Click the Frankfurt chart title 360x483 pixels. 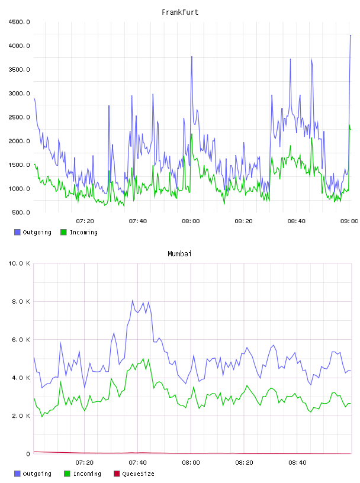[x=180, y=12]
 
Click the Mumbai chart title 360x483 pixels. [x=179, y=254]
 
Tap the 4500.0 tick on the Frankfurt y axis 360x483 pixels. [x=19, y=22]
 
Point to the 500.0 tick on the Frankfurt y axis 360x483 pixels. [x=21, y=212]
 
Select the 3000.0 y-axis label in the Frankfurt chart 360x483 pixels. [x=19, y=94]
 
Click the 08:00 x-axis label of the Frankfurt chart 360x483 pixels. [x=191, y=221]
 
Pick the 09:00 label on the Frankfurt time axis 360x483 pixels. [x=349, y=221]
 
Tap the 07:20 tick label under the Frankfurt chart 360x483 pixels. [x=85, y=221]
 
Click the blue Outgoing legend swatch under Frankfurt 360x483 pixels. [x=17, y=232]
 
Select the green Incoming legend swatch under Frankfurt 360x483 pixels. [x=63, y=232]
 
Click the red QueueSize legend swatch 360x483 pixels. [x=117, y=474]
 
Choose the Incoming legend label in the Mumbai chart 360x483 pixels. [x=87, y=474]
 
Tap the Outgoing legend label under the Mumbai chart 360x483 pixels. [x=37, y=474]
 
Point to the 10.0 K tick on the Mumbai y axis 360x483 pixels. [x=19, y=263]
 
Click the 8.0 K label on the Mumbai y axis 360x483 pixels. [x=21, y=301]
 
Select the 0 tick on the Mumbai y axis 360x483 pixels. [x=28, y=454]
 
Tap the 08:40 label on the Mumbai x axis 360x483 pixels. [x=297, y=463]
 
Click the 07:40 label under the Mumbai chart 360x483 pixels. [x=138, y=463]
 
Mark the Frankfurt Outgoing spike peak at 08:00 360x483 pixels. [x=192, y=57]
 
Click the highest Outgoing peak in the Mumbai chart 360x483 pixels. [x=133, y=300]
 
